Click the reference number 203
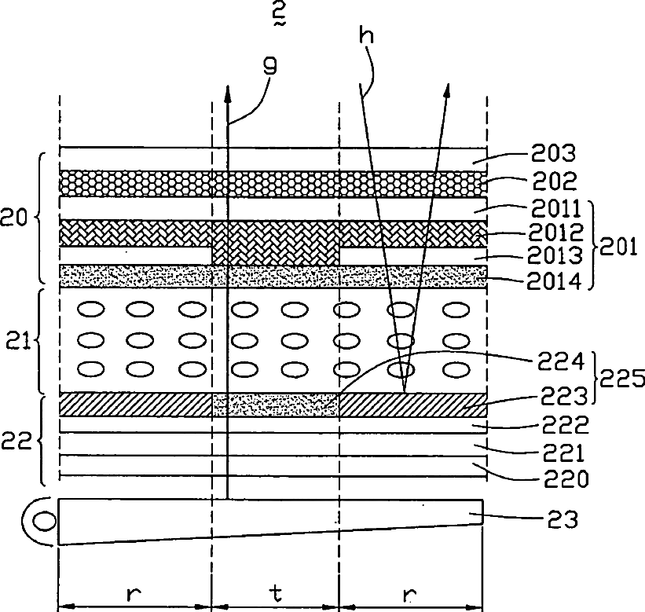(553, 153)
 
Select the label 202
(555, 181)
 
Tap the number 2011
(555, 208)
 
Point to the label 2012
(556, 233)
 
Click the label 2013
(555, 255)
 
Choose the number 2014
(554, 281)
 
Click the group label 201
(618, 247)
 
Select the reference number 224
(561, 362)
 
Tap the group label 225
(622, 378)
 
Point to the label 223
(563, 396)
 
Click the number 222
(566, 425)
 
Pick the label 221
(563, 453)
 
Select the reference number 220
(566, 478)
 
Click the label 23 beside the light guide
(563, 519)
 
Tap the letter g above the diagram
(269, 66)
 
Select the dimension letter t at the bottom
(276, 593)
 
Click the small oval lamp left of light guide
(44, 522)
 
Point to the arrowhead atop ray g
(227, 93)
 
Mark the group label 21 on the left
(19, 341)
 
